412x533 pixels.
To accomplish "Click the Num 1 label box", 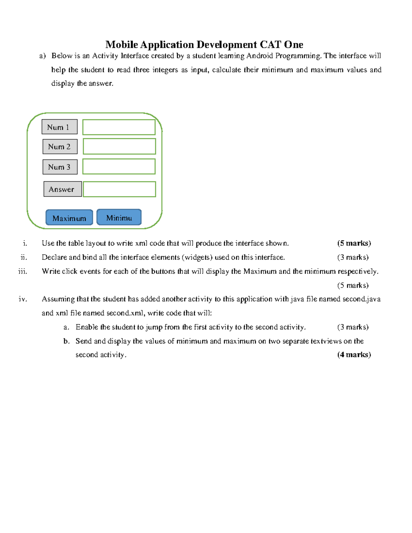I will point(59,127).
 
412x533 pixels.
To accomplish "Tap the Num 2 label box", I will point(60,147).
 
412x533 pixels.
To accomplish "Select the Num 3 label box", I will point(60,167).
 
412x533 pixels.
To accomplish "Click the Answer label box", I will point(62,189).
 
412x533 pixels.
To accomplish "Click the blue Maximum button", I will point(69,218).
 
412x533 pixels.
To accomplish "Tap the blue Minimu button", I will point(119,217).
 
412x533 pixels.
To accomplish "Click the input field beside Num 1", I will point(119,127).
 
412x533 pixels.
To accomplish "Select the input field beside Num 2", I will point(119,147).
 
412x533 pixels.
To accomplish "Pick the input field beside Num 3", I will point(119,166).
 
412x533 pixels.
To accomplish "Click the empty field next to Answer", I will point(119,189).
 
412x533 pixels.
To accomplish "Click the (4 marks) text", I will point(354,355).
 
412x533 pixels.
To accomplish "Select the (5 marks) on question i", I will point(354,243).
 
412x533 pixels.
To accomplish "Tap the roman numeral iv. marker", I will point(23,299).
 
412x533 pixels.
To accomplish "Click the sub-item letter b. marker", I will point(67,341).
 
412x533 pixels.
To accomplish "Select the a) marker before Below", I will point(43,56).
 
